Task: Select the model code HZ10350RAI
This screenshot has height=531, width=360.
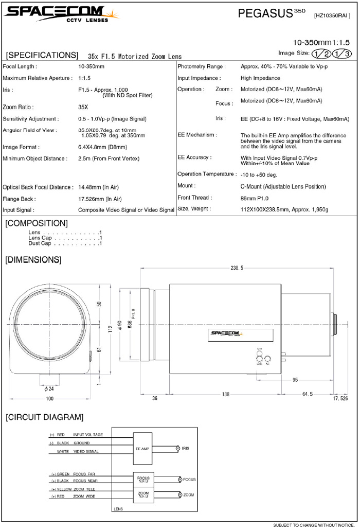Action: coord(332,16)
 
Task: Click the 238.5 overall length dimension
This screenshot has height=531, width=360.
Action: coord(237,268)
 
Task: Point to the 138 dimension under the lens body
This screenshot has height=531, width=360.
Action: coord(225,394)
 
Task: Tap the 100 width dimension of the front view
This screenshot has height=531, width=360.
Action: coord(50,399)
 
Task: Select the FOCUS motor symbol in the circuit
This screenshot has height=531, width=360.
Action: coord(179,480)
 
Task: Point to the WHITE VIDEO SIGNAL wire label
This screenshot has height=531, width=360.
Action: coord(77,452)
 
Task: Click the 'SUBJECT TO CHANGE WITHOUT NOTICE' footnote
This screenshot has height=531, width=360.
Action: coord(314,525)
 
